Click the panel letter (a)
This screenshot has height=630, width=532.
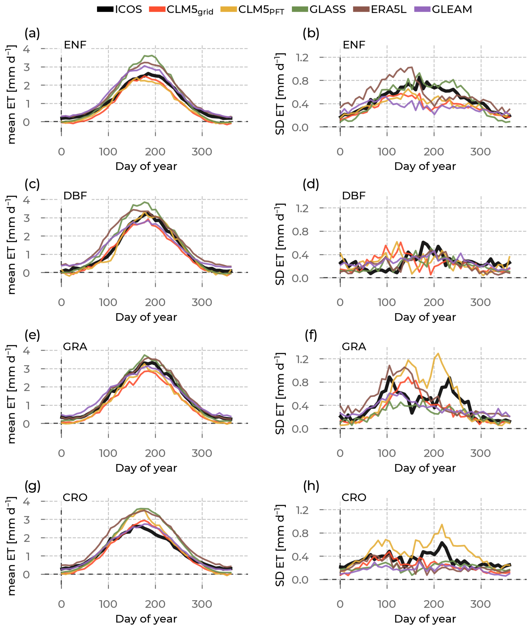click(x=32, y=33)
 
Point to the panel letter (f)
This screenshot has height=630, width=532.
click(x=311, y=335)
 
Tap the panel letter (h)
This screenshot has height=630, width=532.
click(x=311, y=486)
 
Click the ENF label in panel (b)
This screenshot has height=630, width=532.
click(x=354, y=45)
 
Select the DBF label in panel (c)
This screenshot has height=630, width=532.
click(x=75, y=196)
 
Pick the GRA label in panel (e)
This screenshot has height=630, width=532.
click(x=75, y=346)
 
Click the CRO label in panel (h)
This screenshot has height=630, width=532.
click(x=354, y=497)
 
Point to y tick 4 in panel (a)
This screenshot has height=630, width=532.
click(x=26, y=49)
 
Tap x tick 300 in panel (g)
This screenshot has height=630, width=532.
click(x=202, y=604)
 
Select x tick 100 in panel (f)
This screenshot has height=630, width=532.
click(x=387, y=453)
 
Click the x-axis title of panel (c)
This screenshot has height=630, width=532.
click(x=146, y=317)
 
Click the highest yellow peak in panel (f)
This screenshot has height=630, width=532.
click(x=438, y=353)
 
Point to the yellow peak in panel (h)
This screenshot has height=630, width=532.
click(x=442, y=524)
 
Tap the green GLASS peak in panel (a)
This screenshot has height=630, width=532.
click(x=148, y=55)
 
